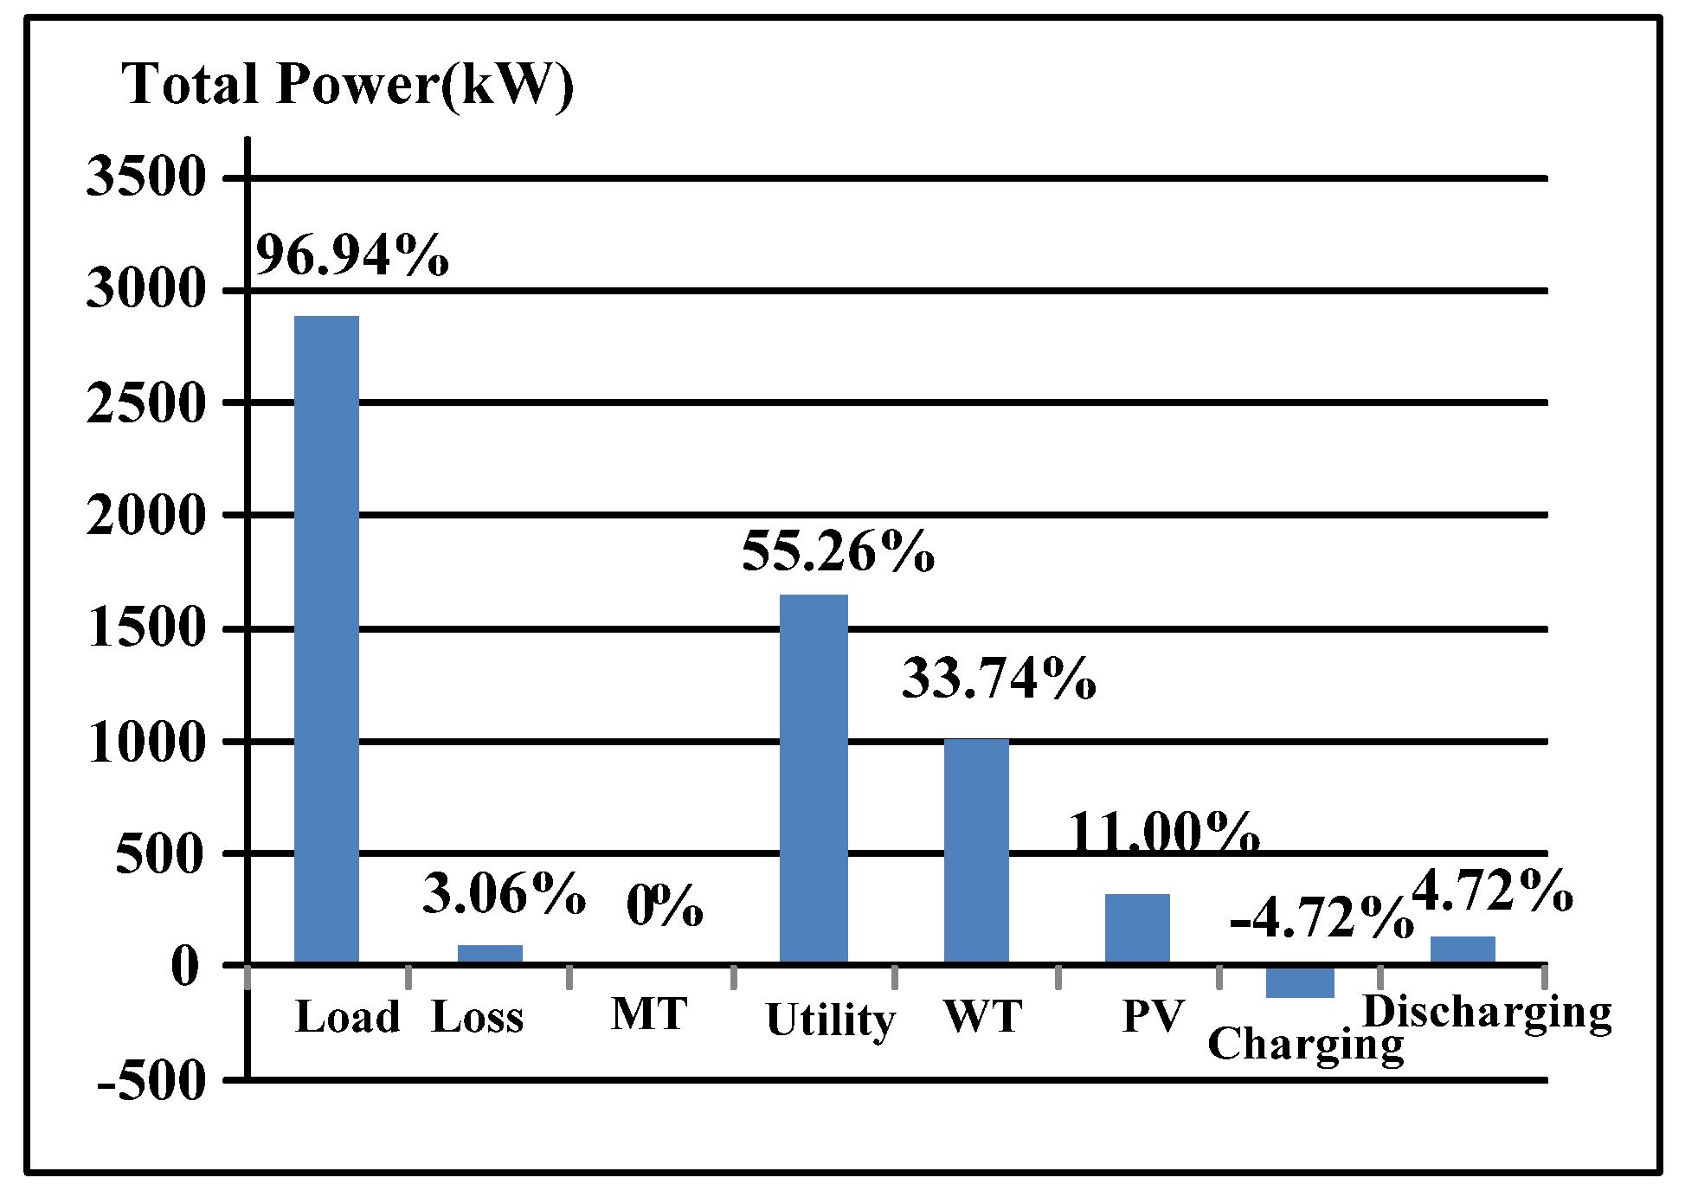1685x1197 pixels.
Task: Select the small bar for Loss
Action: (x=490, y=954)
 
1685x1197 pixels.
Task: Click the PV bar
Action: (x=1137, y=928)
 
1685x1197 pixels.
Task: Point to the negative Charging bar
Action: (x=1300, y=981)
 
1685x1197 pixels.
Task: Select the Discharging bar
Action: (x=1463, y=949)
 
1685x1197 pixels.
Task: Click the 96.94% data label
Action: (x=352, y=254)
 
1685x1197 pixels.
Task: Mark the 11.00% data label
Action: (x=1163, y=833)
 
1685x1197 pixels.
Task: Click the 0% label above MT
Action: (x=665, y=906)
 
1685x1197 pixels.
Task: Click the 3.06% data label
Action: (x=504, y=893)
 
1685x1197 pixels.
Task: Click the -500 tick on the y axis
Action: (x=152, y=1080)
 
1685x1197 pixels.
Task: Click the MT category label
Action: (x=649, y=1014)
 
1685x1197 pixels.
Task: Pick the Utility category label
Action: (x=830, y=1020)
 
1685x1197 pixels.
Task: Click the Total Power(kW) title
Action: (x=347, y=85)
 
